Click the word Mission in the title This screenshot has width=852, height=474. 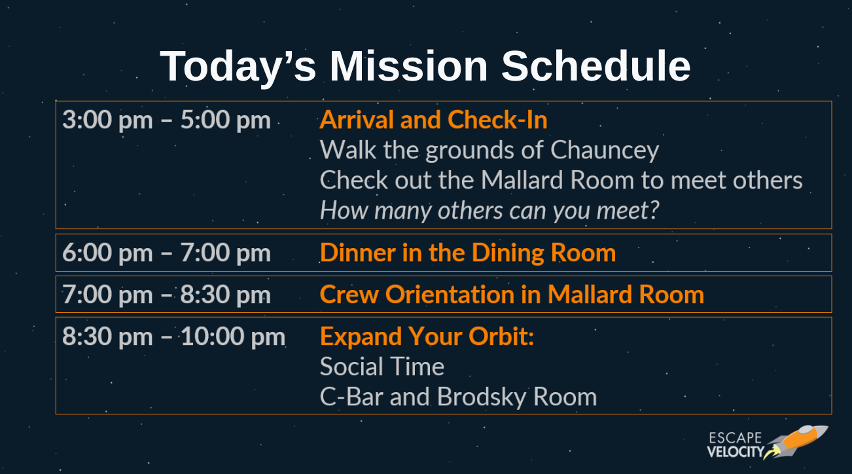(x=408, y=66)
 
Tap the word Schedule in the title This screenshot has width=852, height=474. (x=595, y=66)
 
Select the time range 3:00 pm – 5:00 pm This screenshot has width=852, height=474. (x=167, y=120)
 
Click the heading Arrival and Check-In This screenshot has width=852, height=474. (x=433, y=120)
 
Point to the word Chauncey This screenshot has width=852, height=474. (x=605, y=151)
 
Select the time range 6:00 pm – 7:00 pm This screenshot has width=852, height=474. (x=167, y=253)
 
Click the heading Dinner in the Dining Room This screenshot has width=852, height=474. (x=468, y=253)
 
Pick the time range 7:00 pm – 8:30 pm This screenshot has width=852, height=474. (x=167, y=295)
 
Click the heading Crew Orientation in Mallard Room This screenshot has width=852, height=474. (x=512, y=295)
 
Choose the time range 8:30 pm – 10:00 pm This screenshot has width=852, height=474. (x=174, y=337)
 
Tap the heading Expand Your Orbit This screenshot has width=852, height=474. (x=427, y=337)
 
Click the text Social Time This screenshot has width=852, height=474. (x=382, y=367)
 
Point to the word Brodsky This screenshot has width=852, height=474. (x=482, y=397)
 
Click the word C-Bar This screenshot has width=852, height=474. (x=351, y=397)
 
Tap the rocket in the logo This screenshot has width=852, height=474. (x=796, y=443)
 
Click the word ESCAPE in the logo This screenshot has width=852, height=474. (x=736, y=438)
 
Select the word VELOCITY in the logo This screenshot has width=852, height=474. (x=736, y=452)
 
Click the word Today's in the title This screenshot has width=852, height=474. (x=238, y=67)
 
